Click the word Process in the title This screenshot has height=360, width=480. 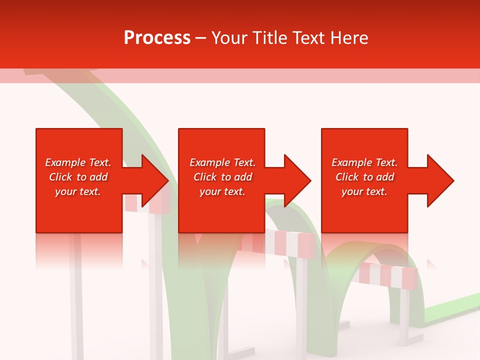(x=157, y=38)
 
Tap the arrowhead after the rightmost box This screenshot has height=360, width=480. (x=439, y=180)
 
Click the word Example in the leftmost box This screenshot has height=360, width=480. (x=65, y=162)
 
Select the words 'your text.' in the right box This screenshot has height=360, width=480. (x=364, y=191)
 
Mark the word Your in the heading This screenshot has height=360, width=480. (x=228, y=38)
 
